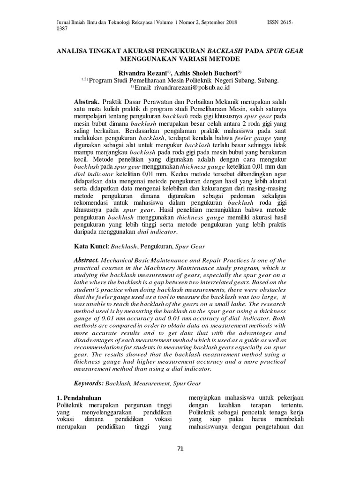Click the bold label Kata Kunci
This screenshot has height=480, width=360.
pyautogui.click(x=91, y=246)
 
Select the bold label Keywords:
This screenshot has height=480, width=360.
pyautogui.click(x=89, y=383)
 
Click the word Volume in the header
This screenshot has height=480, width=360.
pyautogui.click(x=164, y=22)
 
